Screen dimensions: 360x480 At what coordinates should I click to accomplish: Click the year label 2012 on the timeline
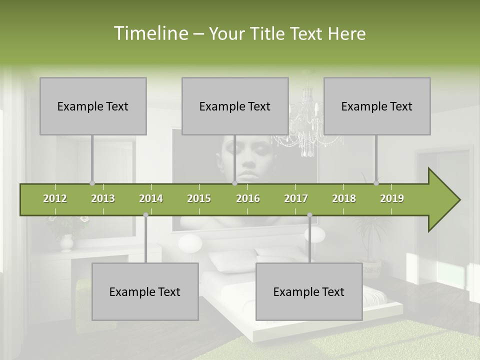pyautogui.click(x=55, y=198)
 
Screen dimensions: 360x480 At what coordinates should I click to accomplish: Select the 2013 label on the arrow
pyautogui.click(x=103, y=198)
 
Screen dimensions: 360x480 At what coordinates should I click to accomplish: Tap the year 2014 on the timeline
pyautogui.click(x=151, y=198)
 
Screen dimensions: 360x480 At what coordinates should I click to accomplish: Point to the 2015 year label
pyautogui.click(x=199, y=198)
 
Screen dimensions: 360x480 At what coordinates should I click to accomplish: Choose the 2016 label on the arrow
pyautogui.click(x=248, y=198)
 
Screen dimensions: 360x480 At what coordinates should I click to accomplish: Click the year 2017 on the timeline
pyautogui.click(x=296, y=198)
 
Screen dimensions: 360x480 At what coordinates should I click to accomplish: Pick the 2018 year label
pyautogui.click(x=344, y=198)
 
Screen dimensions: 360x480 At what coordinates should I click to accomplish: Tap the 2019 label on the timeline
pyautogui.click(x=392, y=198)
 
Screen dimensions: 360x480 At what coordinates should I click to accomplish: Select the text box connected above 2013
pyautogui.click(x=93, y=106)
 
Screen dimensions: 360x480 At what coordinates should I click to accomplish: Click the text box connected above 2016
pyautogui.click(x=235, y=106)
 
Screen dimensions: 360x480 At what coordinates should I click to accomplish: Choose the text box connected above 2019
pyautogui.click(x=377, y=106)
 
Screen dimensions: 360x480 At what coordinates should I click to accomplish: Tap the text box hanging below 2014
pyautogui.click(x=145, y=291)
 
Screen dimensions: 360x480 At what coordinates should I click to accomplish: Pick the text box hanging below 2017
pyautogui.click(x=309, y=291)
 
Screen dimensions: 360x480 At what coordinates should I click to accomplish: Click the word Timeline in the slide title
pyautogui.click(x=150, y=33)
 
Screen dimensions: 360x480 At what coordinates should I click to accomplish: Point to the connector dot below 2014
pyautogui.click(x=145, y=214)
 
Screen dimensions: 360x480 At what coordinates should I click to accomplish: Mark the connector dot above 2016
pyautogui.click(x=234, y=183)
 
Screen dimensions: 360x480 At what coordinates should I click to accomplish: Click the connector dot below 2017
pyautogui.click(x=309, y=214)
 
